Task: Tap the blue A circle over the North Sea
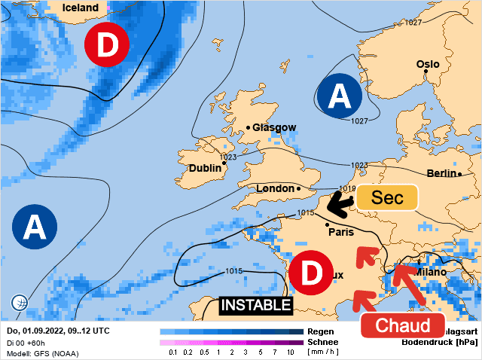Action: (x=341, y=96)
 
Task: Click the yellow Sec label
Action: (x=386, y=197)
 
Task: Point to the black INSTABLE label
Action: (x=255, y=305)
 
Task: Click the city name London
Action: (x=275, y=188)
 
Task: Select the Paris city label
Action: (x=341, y=232)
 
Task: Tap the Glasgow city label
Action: (x=274, y=128)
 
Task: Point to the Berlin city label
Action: (x=441, y=173)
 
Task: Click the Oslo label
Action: (x=428, y=65)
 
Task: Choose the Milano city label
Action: (x=430, y=271)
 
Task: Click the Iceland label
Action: (x=81, y=8)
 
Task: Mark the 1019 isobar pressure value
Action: (x=347, y=189)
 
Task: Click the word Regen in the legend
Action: (x=322, y=331)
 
